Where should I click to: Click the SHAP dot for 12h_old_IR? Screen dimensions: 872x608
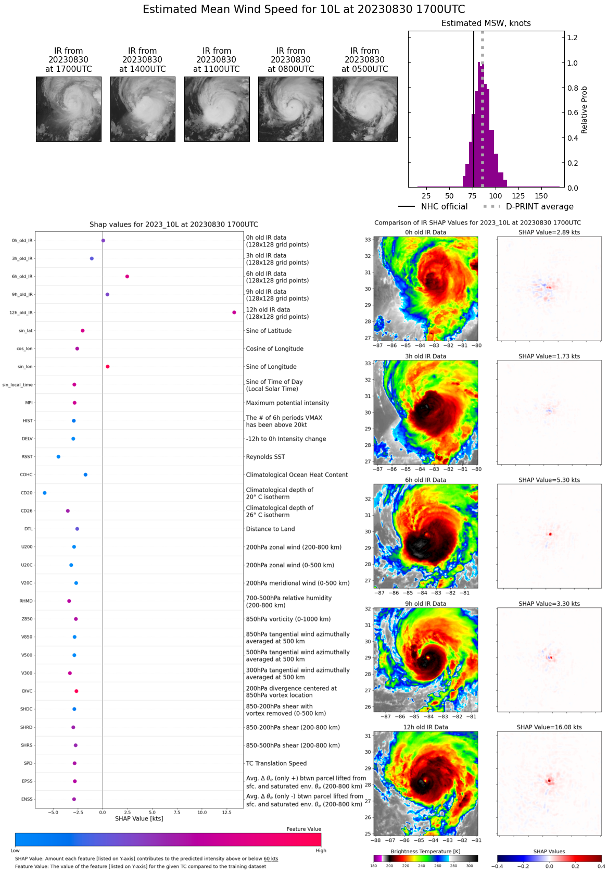234,313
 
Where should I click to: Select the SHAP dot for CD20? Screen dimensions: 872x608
45,493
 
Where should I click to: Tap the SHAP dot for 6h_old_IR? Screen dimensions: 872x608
127,277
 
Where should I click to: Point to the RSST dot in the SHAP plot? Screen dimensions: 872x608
58,457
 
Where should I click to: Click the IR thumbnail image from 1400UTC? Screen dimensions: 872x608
143,109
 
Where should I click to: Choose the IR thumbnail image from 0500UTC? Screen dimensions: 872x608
365,109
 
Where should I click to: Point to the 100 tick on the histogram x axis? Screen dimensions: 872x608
496,196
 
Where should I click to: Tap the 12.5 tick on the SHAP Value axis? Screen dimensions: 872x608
226,812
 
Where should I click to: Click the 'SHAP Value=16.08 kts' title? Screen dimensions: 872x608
549,727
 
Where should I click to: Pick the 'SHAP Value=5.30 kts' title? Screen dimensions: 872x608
549,480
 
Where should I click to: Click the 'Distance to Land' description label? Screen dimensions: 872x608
270,529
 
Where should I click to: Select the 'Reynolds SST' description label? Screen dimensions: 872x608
265,457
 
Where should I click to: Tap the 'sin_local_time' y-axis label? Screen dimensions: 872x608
18,385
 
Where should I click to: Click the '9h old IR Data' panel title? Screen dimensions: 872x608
425,604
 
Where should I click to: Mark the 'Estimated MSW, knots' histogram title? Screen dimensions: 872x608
486,23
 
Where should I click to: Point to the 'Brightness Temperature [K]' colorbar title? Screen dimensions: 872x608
425,852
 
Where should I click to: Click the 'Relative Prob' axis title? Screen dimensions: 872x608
584,110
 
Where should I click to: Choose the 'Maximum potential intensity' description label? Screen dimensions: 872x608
287,403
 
